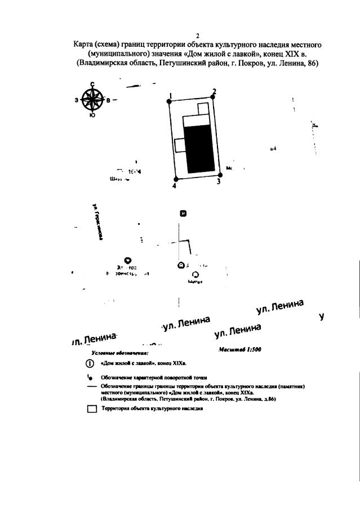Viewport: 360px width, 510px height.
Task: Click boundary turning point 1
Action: (x=169, y=101)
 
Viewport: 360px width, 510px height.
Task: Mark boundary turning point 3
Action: (x=219, y=175)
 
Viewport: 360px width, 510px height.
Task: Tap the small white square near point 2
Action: (x=202, y=109)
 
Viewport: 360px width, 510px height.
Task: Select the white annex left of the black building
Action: (x=180, y=145)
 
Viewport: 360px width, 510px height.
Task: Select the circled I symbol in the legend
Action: (x=89, y=363)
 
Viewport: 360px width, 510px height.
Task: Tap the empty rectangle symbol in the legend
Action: (x=92, y=410)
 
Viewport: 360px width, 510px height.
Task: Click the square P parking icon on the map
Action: (x=181, y=213)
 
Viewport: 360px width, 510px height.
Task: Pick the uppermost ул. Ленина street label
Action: (x=279, y=308)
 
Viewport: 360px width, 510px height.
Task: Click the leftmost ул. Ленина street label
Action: (x=94, y=339)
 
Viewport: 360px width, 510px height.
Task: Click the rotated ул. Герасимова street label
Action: (x=96, y=220)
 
